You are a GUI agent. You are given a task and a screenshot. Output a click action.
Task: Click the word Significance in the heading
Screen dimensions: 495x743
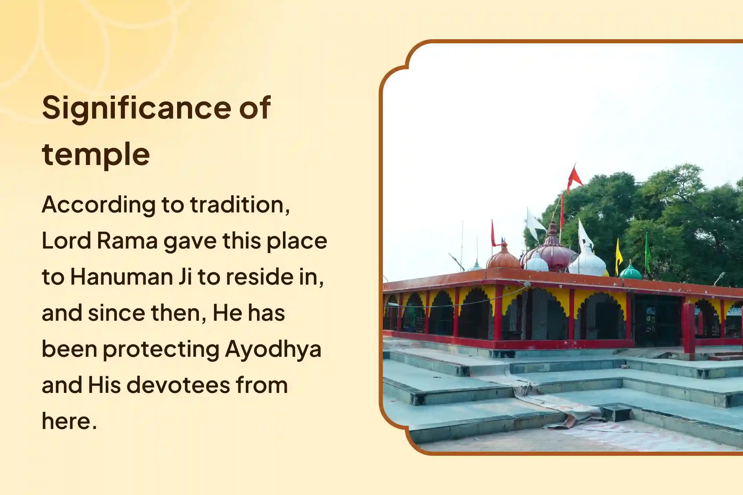[x=137, y=109]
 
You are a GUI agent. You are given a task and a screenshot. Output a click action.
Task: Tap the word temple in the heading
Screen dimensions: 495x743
[x=96, y=154]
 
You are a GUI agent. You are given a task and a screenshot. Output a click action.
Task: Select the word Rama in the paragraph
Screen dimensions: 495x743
[x=127, y=241]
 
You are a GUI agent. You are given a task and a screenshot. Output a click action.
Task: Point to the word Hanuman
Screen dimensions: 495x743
[x=121, y=277]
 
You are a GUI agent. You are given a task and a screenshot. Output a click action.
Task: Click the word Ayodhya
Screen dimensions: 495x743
[x=273, y=349]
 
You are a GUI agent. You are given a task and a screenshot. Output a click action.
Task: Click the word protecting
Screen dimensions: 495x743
[x=161, y=349]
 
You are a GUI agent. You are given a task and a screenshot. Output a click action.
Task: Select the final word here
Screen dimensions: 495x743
[x=69, y=421]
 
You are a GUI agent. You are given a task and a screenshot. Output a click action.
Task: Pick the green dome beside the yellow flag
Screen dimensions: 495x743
[x=631, y=272]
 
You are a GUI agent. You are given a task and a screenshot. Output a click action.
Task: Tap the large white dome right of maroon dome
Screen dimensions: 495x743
[x=588, y=262]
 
